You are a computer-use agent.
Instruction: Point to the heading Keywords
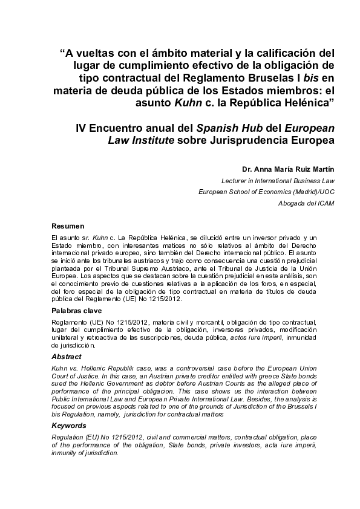coord(69,426)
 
